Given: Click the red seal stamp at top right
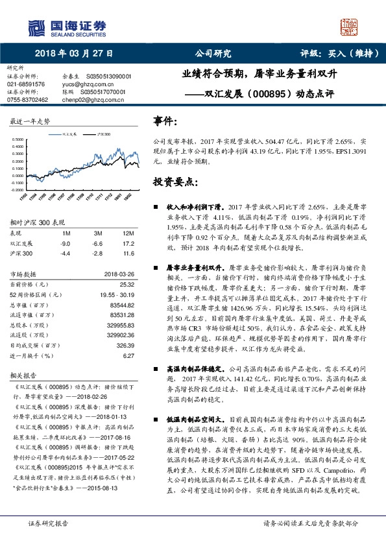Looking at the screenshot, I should [350, 25].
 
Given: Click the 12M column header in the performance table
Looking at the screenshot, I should [128, 232].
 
